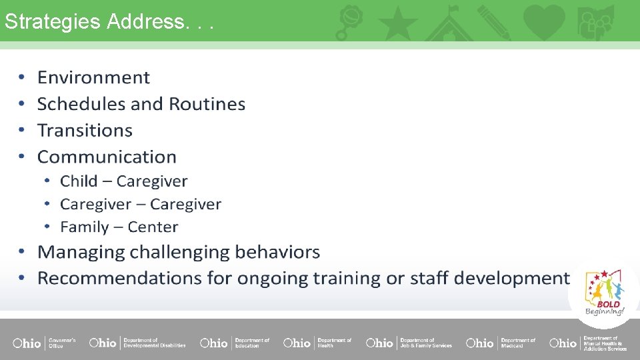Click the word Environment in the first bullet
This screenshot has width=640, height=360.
click(x=93, y=77)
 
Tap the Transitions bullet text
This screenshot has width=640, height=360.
click(x=85, y=130)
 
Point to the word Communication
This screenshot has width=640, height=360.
click(x=107, y=157)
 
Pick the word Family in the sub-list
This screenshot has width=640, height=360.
click(x=84, y=227)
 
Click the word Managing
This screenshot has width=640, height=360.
click(x=81, y=252)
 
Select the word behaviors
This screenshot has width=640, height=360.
click(x=279, y=252)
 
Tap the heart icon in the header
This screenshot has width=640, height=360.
click(x=543, y=21)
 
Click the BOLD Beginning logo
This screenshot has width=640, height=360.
click(x=604, y=293)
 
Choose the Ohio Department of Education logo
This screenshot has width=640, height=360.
click(x=235, y=343)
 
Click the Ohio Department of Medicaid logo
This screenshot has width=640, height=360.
click(x=500, y=343)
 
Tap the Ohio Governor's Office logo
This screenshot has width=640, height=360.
click(x=44, y=343)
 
